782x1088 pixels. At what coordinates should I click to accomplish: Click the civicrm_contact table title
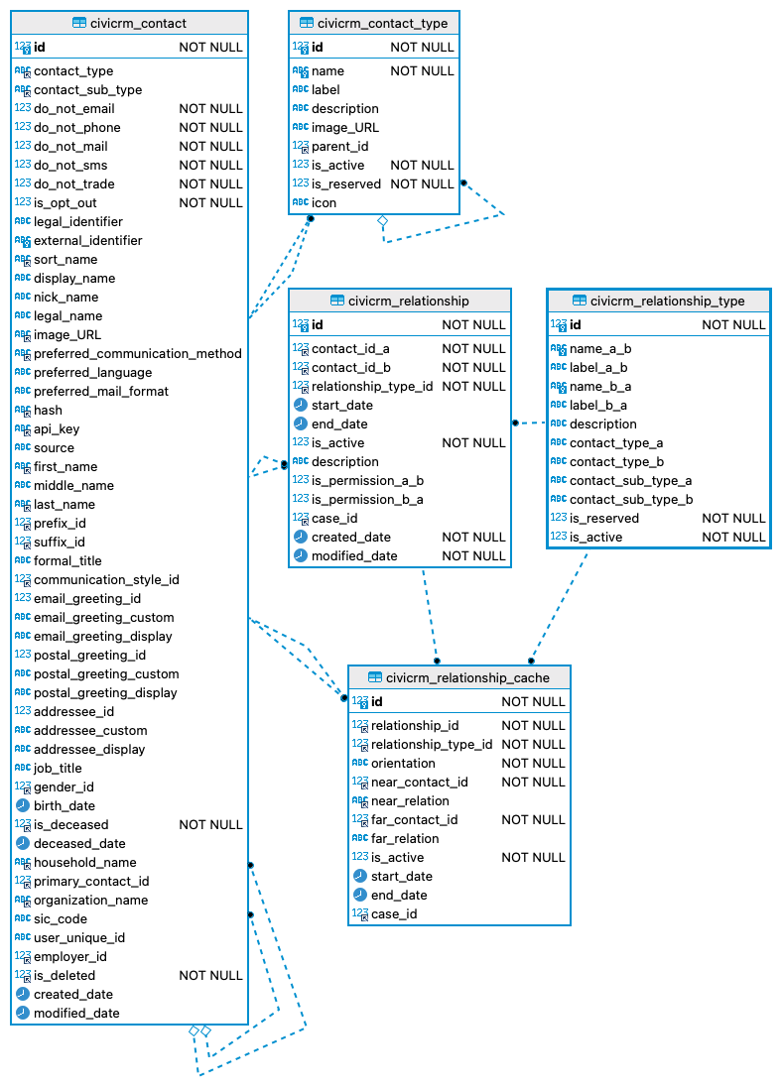point(138,23)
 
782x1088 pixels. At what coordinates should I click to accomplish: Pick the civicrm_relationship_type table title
point(667,301)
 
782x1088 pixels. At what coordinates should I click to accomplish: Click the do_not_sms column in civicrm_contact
point(70,165)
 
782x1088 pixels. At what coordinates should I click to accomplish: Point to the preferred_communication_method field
point(137,353)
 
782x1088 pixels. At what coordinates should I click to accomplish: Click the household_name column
point(85,862)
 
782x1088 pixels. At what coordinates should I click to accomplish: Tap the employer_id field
point(70,956)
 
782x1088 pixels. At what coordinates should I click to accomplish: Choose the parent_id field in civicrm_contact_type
point(339,146)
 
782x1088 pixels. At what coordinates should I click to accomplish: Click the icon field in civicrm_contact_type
point(324,202)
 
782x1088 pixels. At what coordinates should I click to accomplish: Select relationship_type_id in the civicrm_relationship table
point(372,386)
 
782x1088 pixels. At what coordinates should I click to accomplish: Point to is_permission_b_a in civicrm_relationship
point(367,499)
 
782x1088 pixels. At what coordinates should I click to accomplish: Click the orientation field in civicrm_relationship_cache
point(403,763)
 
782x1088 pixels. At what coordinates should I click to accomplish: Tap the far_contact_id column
point(414,819)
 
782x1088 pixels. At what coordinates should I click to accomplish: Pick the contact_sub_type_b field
point(631,499)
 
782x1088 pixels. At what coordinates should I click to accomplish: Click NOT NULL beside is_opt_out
point(210,202)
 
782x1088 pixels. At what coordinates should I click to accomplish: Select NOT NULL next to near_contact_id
point(533,782)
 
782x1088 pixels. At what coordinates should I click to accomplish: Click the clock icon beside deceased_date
point(22,843)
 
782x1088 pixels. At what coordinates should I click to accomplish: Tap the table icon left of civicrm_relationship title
point(337,301)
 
